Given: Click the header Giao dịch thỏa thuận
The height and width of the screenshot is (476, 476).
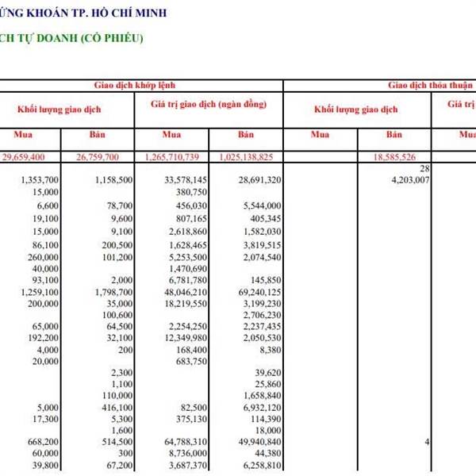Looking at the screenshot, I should coord(429,84).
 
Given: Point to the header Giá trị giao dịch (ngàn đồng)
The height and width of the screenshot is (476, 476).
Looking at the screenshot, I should coord(207,104).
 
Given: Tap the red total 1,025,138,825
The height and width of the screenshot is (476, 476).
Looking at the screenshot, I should coord(247,157).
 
